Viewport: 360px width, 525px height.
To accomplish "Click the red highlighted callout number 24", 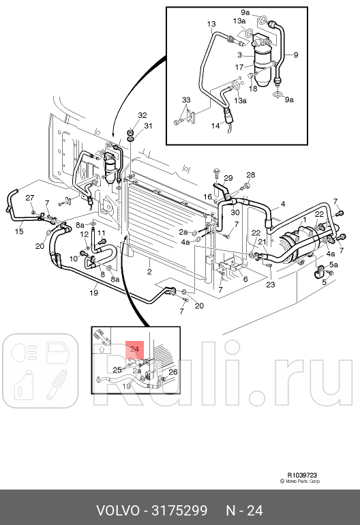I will point(135,349).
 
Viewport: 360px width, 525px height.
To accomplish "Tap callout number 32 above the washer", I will point(142,115).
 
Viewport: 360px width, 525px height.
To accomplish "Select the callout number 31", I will point(148,125).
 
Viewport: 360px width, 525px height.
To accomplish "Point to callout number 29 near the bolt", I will point(228,178).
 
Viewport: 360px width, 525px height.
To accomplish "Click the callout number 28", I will point(250,175).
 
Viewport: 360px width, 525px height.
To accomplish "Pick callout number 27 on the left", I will point(30,198).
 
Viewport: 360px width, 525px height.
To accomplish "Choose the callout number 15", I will point(19,232).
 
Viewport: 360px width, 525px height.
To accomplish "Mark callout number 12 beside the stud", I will point(85,234).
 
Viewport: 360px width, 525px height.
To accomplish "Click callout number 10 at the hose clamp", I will point(73,258).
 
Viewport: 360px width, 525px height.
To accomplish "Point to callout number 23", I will point(270,285).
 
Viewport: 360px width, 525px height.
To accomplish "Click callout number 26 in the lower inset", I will point(172,372).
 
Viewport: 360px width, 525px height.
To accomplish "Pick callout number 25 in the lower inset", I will point(117,370).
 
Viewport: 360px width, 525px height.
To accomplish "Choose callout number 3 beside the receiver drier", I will point(240,54).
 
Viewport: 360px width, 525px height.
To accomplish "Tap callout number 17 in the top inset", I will point(239,67).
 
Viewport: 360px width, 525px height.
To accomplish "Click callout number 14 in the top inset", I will point(215,125).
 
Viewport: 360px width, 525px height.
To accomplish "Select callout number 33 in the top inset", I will point(186,100).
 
